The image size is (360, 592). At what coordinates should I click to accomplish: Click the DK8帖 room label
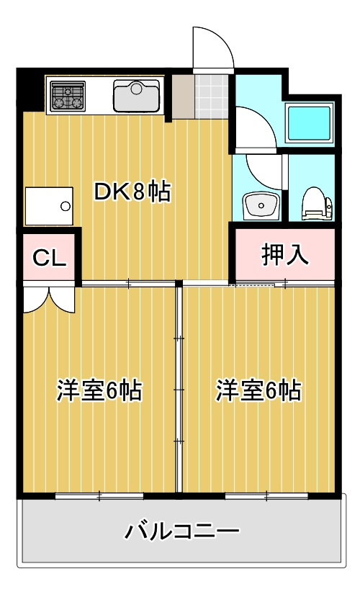point(132,192)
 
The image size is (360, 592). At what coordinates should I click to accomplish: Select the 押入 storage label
point(284,255)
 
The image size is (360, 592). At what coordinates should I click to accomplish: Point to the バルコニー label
point(181,533)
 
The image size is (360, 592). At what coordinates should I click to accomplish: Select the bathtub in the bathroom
point(309,122)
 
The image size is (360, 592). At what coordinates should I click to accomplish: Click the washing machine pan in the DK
point(50,206)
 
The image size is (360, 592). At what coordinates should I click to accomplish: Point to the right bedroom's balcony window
point(266,495)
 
